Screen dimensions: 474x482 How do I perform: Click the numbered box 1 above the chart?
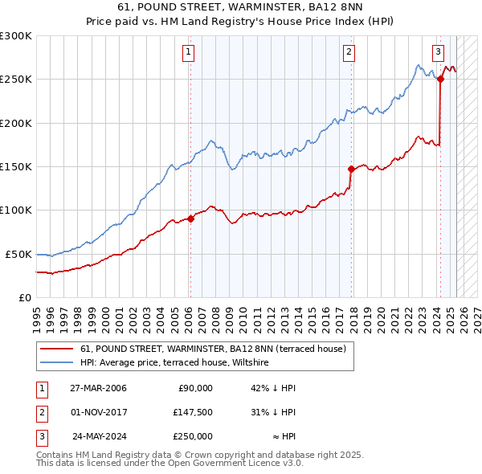pos(188,53)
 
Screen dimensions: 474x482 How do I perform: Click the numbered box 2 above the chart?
pos(349,53)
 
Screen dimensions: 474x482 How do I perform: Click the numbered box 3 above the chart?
pos(438,53)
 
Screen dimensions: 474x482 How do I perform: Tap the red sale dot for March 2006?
pos(190,219)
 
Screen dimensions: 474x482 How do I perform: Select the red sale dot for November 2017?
pos(351,169)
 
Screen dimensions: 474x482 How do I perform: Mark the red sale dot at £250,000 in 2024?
pos(441,79)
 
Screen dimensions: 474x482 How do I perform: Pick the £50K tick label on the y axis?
pos(18,254)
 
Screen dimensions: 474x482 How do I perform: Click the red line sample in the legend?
pos(56,349)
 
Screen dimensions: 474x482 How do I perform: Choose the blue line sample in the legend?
pos(56,363)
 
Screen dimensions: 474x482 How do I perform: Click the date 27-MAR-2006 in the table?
pos(98,388)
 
